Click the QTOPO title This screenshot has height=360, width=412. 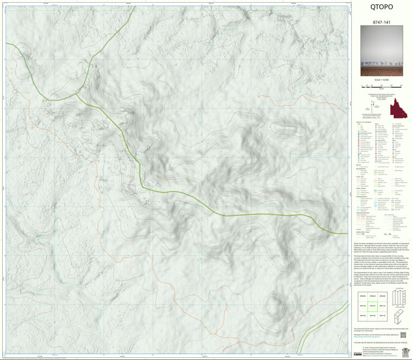[x=381, y=8]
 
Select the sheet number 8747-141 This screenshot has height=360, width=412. [x=381, y=22]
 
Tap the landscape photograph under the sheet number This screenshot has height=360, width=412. [x=381, y=50]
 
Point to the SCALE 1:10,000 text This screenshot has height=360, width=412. [x=381, y=80]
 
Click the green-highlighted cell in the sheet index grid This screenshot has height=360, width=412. [x=370, y=306]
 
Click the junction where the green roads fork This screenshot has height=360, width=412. [x=77, y=94]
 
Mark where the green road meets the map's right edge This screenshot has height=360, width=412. [x=347, y=233]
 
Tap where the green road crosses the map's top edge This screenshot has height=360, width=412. [x=130, y=5]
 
